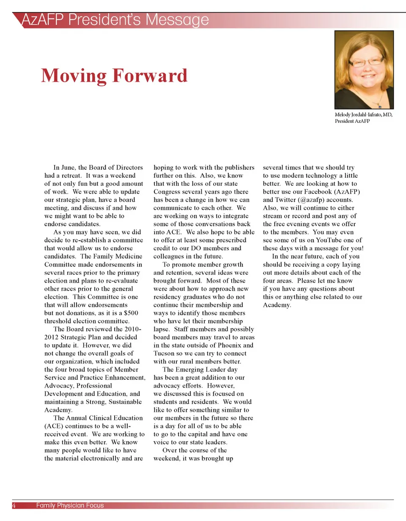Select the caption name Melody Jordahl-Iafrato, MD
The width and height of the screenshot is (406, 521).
(x=363, y=115)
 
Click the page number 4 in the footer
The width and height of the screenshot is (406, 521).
(x=14, y=505)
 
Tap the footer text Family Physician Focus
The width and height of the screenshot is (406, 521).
(x=70, y=505)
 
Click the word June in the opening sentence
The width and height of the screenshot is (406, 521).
(x=69, y=168)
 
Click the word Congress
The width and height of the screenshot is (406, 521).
(x=167, y=192)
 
